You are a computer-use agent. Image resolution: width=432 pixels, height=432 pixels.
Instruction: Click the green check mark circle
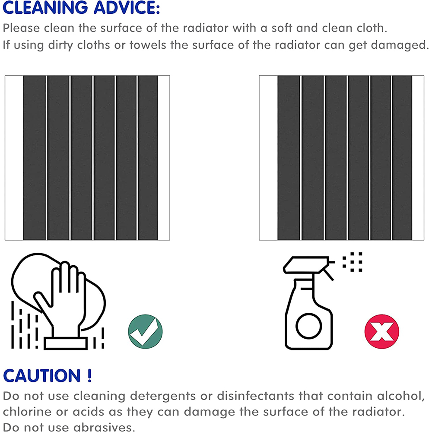tap(145, 331)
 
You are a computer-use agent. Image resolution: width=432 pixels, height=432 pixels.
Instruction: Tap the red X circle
tap(381, 331)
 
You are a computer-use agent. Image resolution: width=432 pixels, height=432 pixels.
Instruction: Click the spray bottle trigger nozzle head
tap(306, 265)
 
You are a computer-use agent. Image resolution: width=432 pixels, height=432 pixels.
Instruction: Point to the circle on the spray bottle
tap(309, 326)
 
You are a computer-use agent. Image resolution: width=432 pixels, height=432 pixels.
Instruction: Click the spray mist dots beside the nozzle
tap(353, 262)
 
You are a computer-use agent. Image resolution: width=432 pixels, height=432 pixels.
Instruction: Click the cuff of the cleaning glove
tap(66, 343)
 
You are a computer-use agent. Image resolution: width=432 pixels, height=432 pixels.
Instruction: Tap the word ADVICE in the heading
tap(127, 7)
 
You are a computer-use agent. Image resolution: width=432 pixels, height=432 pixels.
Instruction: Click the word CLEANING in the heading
tap(45, 7)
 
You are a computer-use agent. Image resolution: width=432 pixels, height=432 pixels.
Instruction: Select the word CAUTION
tap(42, 375)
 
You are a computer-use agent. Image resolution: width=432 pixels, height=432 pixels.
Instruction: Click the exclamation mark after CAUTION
tap(89, 375)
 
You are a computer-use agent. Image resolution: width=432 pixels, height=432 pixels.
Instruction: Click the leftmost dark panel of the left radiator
tap(35, 158)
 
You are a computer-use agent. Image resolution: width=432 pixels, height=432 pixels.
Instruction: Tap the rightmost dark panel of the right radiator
tap(402, 158)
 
